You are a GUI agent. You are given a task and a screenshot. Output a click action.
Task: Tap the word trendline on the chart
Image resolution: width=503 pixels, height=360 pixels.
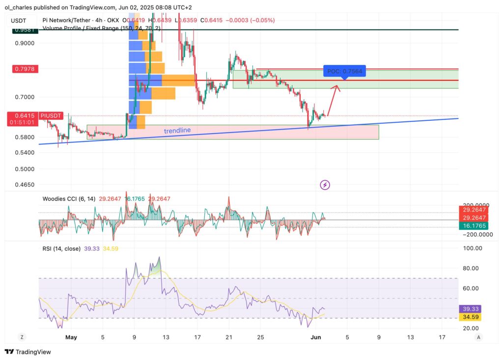tap(177, 131)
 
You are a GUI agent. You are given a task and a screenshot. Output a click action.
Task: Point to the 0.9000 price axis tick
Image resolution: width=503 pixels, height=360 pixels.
tap(25, 43)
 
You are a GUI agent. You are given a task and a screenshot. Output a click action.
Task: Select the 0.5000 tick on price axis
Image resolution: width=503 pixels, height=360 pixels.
tap(25, 169)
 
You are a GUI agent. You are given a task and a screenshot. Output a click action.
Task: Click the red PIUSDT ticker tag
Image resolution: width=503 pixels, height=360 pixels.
tap(52, 115)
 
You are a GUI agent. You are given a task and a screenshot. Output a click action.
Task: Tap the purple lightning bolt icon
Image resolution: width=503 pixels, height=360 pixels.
tap(325, 185)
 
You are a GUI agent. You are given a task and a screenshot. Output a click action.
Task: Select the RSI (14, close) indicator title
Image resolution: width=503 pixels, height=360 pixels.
tap(61, 249)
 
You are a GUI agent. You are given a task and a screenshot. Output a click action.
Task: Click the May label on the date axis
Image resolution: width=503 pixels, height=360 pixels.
tap(71, 337)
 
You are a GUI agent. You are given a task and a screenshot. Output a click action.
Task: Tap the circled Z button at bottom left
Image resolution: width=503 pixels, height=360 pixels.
tap(22, 337)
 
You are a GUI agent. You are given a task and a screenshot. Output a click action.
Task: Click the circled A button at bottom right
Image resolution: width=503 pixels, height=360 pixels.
tap(478, 337)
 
